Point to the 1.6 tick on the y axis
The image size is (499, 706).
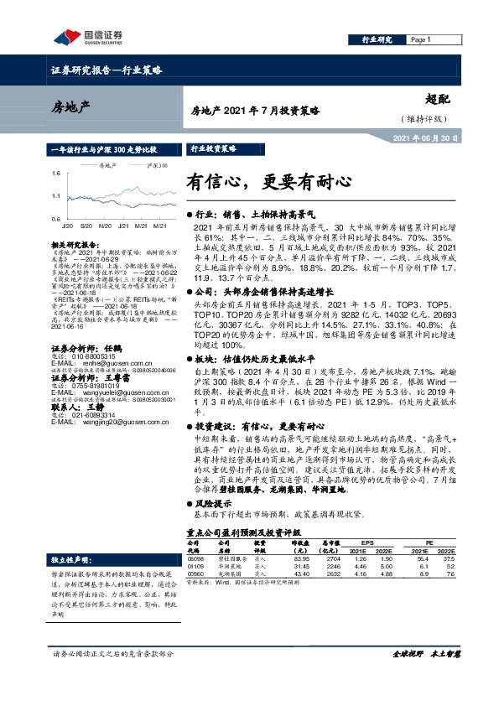point(55,173)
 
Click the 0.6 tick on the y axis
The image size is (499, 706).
point(55,218)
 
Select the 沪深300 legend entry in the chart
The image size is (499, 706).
point(157,166)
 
